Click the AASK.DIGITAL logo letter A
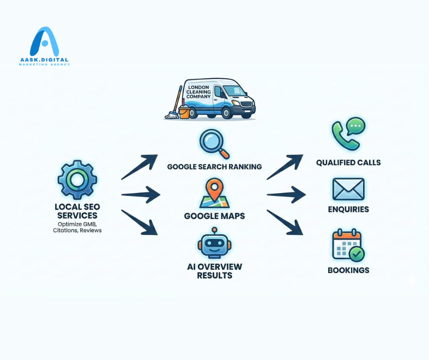[x=44, y=42]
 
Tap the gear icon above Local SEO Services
[x=77, y=180]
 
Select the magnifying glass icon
[x=214, y=143]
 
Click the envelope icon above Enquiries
[x=348, y=189]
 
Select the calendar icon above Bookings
[x=348, y=246]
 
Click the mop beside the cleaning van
[x=174, y=106]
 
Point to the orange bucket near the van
[x=184, y=112]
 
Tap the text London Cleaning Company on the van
[x=199, y=91]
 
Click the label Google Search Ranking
[x=214, y=167]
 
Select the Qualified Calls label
[x=348, y=163]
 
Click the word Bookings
[x=348, y=270]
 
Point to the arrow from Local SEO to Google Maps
[x=141, y=195]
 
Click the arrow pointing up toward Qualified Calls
[x=285, y=167]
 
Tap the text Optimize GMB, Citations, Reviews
[x=77, y=227]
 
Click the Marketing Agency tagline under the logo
[x=44, y=64]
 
